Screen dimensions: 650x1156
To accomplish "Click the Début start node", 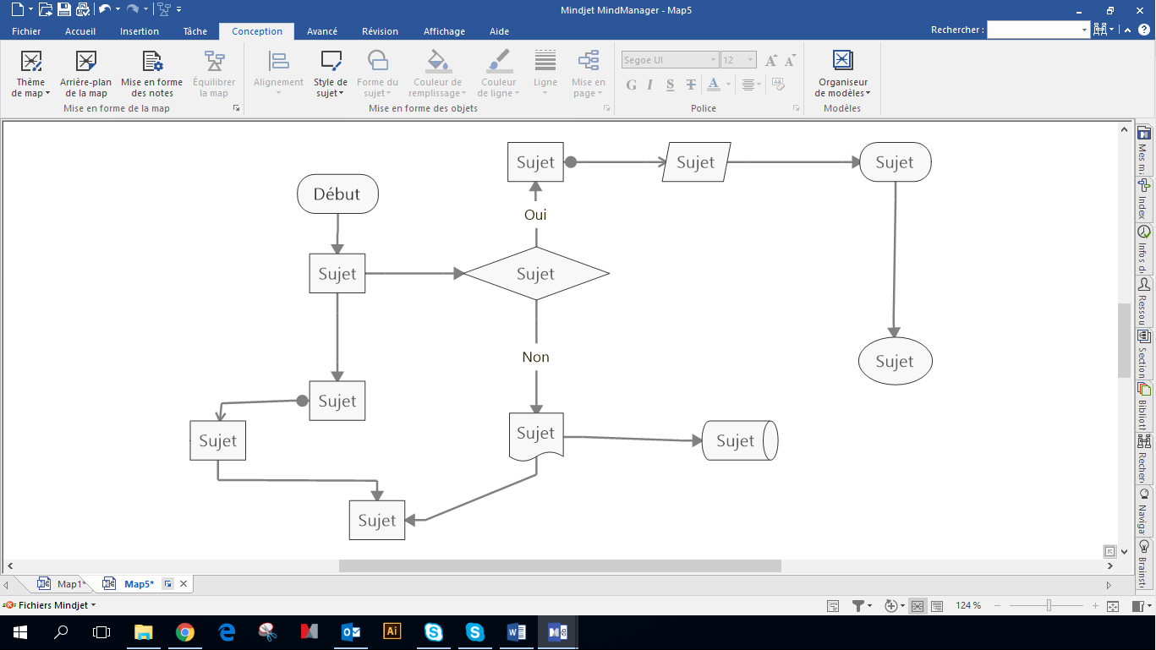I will (337, 194).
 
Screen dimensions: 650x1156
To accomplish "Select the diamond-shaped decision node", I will (536, 274).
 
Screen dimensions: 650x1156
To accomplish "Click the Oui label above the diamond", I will (535, 215).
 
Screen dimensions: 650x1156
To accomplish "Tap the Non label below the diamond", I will (535, 357).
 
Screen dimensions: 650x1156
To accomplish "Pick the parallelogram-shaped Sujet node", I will (696, 162).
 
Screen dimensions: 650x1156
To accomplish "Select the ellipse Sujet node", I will (895, 362).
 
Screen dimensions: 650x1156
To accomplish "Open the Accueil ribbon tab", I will (80, 31).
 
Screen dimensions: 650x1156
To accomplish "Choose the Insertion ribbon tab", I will (140, 31).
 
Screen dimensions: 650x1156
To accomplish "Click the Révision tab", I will (380, 31).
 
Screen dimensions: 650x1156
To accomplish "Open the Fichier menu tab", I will (26, 31).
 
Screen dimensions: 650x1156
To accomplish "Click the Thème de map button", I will (31, 74).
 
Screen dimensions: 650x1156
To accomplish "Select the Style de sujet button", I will (331, 74).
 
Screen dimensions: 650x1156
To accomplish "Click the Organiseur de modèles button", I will (842, 74).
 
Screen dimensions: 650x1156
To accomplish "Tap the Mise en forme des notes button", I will (152, 74).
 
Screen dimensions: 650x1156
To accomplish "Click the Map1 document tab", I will (70, 584).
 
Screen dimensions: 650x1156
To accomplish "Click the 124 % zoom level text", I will (968, 606).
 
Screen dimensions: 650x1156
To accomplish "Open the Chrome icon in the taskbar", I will (184, 632).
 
